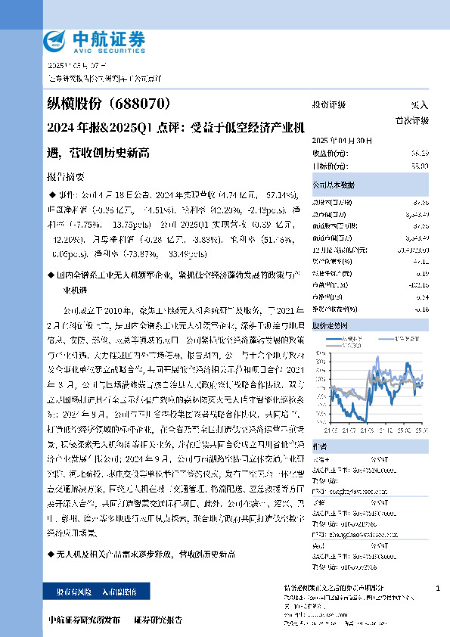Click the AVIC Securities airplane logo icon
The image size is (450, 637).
57,39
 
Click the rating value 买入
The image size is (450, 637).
419,105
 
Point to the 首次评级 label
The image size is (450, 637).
413,120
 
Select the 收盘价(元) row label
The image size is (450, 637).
328,153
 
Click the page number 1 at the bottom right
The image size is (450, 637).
439,588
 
